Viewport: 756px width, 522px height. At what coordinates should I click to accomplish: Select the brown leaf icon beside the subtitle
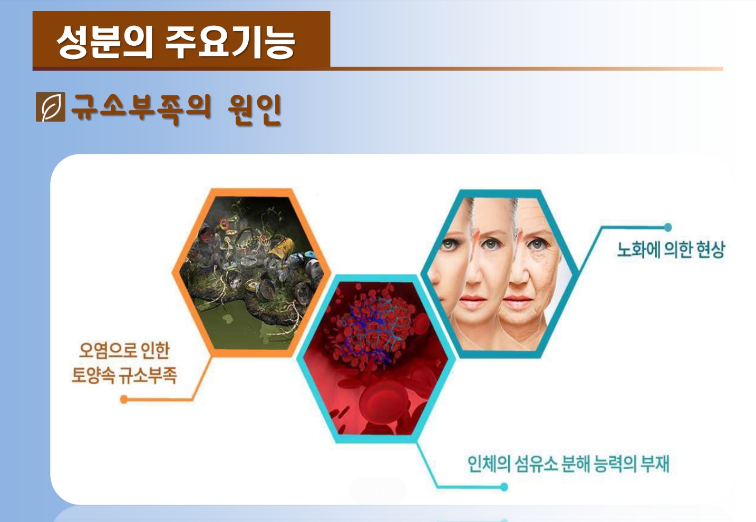coord(51,107)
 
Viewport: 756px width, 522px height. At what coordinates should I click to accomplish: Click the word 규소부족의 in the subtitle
coord(141,109)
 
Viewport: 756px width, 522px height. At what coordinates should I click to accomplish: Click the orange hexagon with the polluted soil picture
coord(251,272)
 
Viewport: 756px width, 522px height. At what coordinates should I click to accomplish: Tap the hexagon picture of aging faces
coord(499,273)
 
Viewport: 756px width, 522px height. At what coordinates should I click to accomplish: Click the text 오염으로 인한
coord(124,350)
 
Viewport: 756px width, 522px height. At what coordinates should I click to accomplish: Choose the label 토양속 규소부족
coord(124,375)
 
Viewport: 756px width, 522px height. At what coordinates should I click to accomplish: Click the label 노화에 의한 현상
coord(671,250)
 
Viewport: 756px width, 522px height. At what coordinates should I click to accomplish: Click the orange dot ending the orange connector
coord(124,400)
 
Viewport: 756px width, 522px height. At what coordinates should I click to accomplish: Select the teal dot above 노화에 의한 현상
coord(667,227)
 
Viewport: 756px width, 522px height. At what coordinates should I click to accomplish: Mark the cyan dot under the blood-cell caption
coord(504,487)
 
